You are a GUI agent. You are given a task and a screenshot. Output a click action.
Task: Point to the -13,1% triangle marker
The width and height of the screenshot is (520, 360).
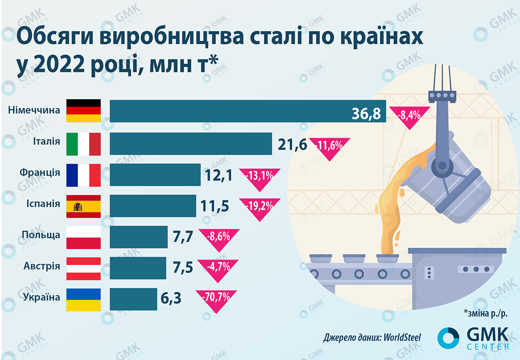259,177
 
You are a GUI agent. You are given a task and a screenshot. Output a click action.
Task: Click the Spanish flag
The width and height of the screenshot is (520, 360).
83,206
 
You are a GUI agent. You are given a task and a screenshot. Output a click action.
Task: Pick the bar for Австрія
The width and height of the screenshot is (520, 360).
138,268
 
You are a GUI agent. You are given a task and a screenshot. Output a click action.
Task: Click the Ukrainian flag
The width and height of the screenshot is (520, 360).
83,299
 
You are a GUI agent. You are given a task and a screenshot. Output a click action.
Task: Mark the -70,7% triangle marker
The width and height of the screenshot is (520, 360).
215,300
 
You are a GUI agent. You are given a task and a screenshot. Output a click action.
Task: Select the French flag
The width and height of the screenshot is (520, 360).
83,175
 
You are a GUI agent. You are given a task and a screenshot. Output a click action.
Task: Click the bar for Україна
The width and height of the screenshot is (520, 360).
133,299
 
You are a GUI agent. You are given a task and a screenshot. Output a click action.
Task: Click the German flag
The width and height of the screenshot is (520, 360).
83,110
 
